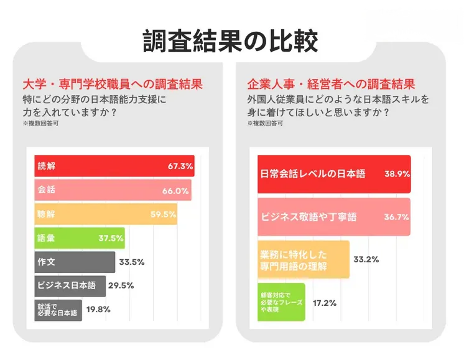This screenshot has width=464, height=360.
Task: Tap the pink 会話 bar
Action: point(113,190)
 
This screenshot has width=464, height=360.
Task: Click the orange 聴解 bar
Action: point(105,214)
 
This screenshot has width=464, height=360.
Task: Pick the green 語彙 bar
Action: point(80,238)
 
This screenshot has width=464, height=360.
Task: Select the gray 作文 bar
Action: point(75,262)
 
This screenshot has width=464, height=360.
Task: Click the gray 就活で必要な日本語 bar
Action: point(58,310)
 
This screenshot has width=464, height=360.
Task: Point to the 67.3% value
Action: point(180,167)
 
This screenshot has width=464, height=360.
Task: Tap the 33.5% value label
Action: point(131,262)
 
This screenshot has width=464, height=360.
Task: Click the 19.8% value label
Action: point(98,310)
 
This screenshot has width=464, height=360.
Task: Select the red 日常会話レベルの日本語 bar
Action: point(333,175)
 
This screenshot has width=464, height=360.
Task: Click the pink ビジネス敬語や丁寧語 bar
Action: point(333,217)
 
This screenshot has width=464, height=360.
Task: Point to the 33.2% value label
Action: point(366,259)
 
